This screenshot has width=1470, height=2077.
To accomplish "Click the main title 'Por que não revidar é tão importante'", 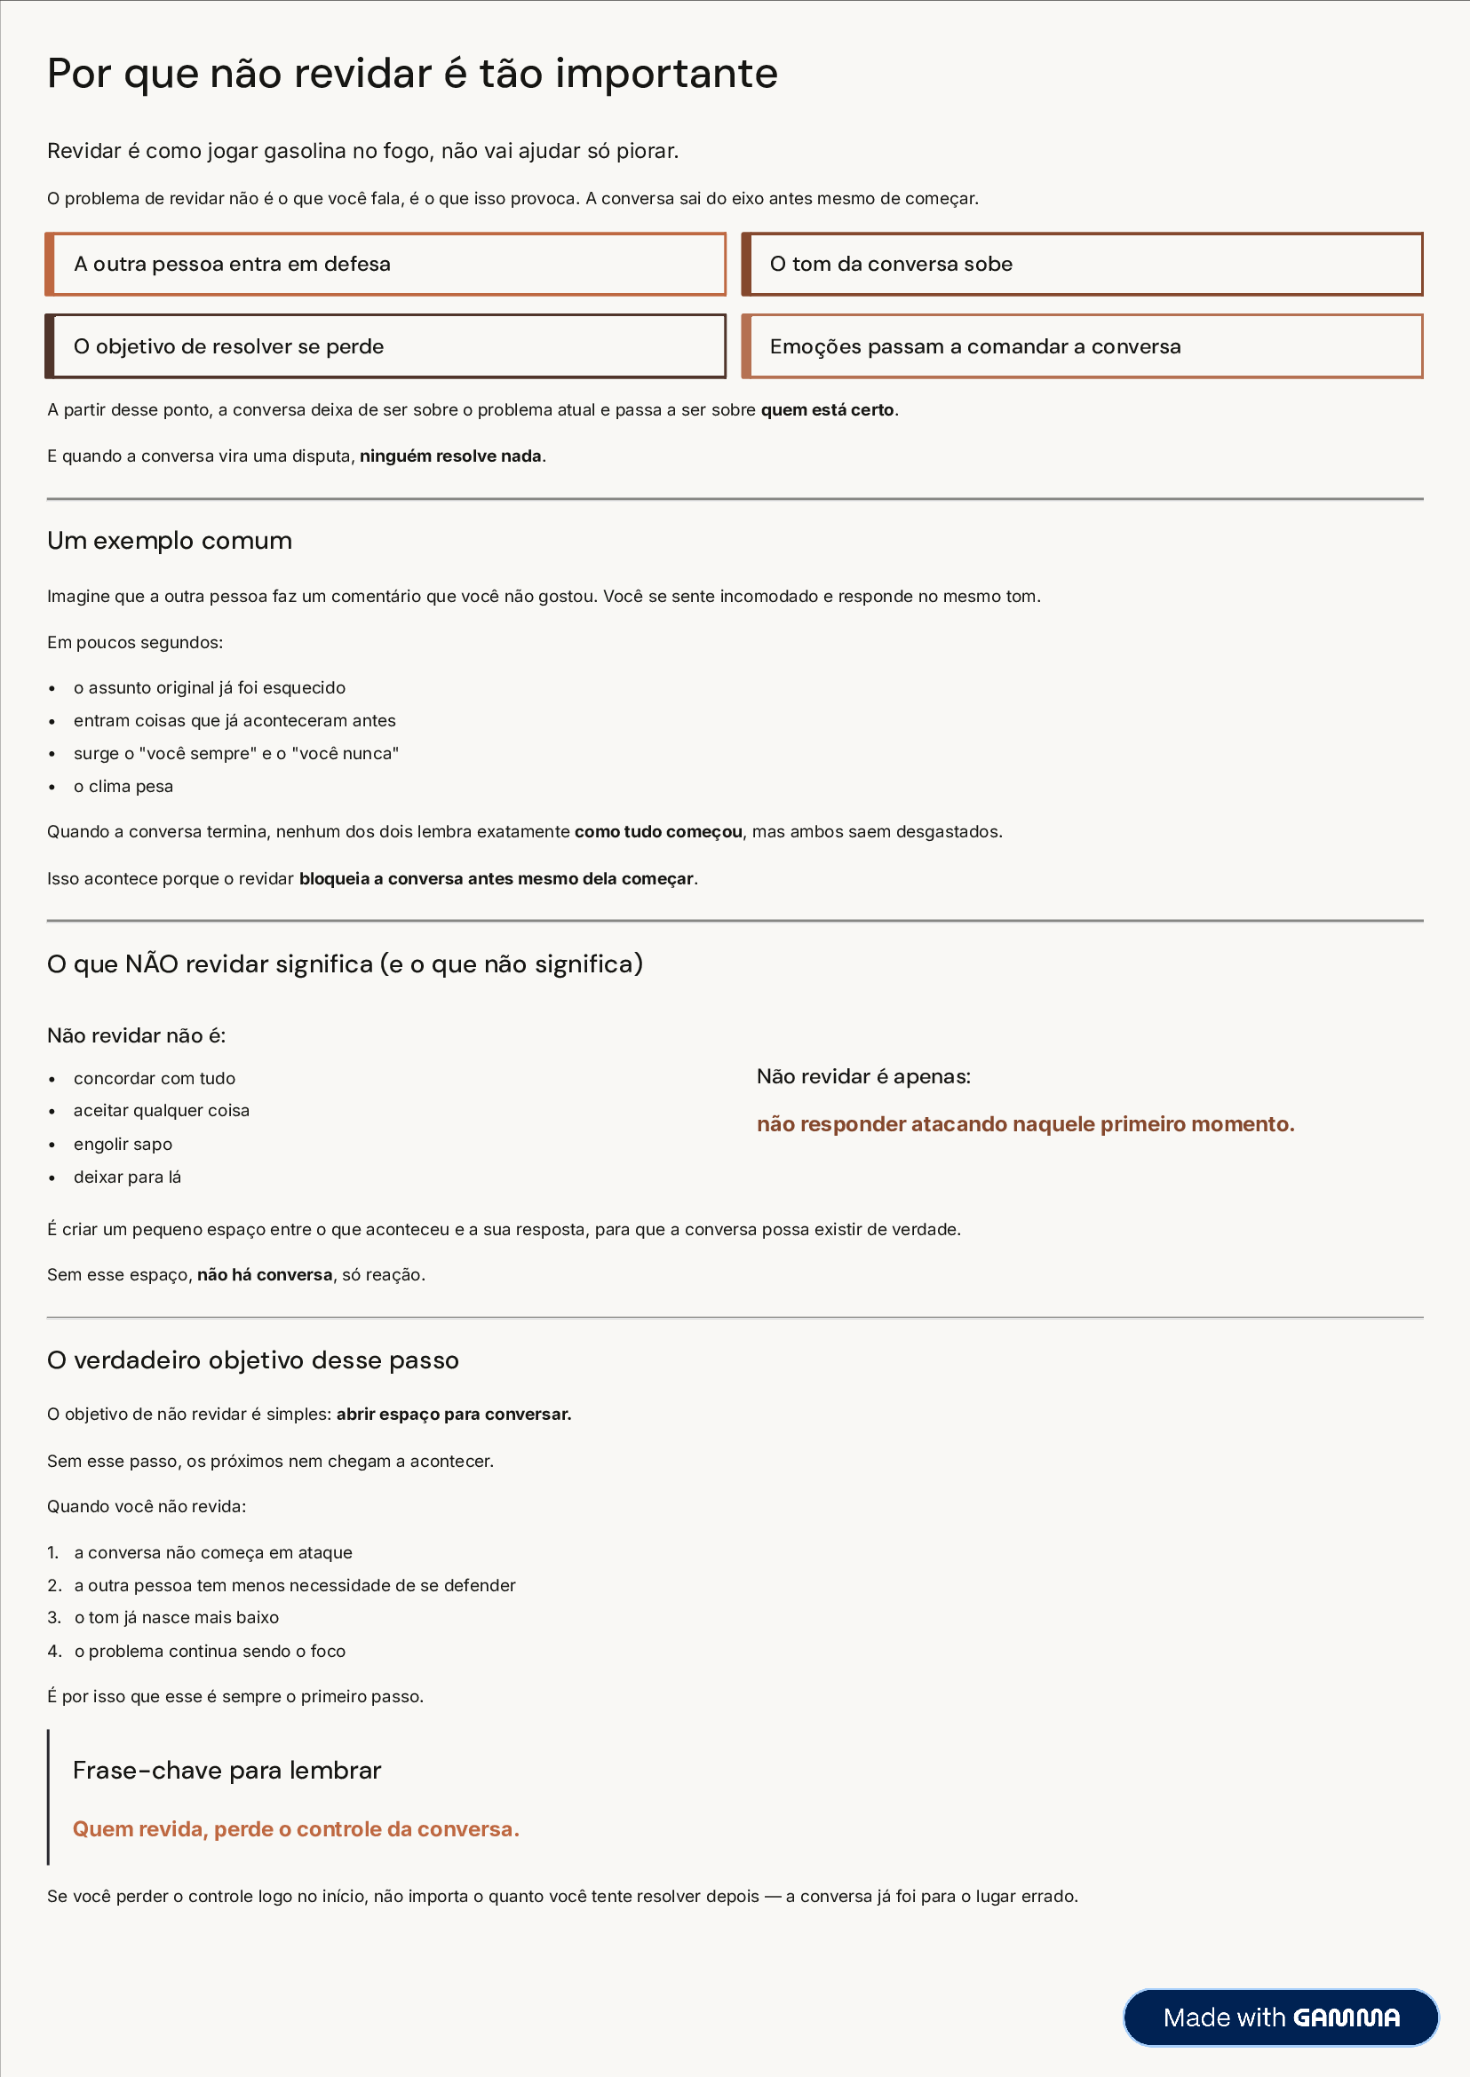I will (412, 74).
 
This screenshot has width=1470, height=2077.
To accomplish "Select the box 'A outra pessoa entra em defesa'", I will (385, 265).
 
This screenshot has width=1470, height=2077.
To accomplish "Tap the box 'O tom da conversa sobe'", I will (1082, 265).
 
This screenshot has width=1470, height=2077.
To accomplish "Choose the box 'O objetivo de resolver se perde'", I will (385, 346).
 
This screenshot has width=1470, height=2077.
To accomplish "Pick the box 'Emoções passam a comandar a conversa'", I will (1082, 346).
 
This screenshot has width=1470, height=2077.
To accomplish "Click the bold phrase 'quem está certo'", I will (827, 410).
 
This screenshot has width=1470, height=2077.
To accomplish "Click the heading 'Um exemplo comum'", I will (170, 541).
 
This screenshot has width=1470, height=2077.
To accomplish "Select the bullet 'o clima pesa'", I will (123, 787).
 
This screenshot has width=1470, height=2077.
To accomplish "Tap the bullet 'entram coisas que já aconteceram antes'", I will (234, 720).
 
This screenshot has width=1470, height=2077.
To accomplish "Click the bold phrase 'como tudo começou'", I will (658, 832).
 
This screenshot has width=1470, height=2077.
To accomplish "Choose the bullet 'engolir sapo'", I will (123, 1144).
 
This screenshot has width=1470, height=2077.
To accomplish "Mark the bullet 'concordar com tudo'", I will (154, 1079).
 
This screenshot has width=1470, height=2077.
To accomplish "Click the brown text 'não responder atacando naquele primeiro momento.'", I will (1025, 1124).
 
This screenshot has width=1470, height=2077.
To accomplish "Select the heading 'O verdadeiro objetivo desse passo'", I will (252, 1360).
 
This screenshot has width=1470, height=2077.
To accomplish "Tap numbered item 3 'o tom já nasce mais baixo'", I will (176, 1617).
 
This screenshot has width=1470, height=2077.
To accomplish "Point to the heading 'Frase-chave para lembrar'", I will (226, 1771).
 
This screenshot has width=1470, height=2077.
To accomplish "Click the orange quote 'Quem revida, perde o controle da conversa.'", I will (295, 1829).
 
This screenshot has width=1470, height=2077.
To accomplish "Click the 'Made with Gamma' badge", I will (1280, 2018).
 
